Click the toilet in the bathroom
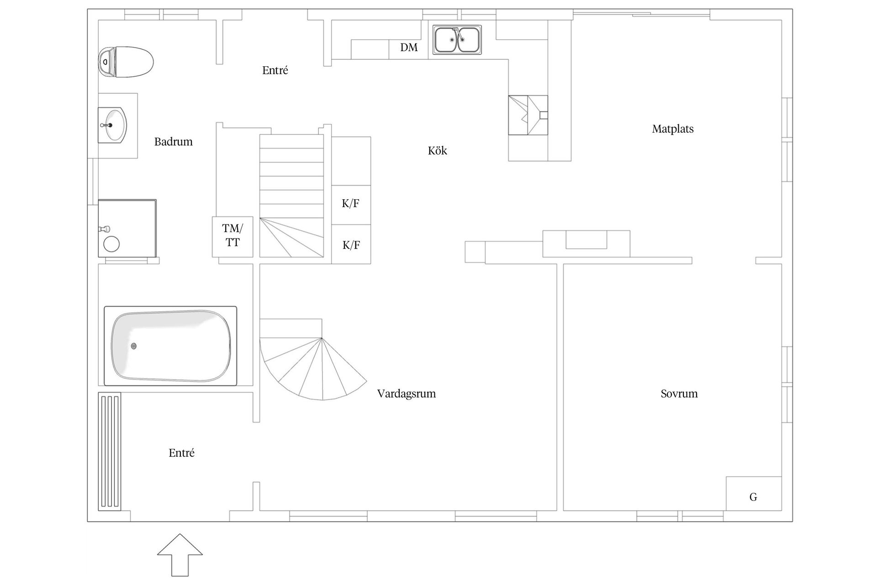126,62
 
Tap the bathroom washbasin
112,124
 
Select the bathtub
170,346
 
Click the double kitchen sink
457,40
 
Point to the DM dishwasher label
409,48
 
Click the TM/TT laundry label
232,235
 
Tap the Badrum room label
173,142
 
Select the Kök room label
437,151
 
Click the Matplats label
672,129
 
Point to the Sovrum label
679,394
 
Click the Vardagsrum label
406,394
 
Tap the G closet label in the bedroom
753,497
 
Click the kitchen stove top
528,115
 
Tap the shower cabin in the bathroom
127,228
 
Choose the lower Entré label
181,453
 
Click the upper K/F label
350,204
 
